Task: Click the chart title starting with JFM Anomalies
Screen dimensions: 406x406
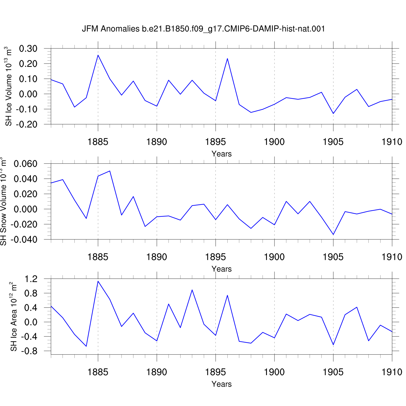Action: coord(203,29)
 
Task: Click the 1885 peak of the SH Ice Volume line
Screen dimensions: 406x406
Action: coord(98,55)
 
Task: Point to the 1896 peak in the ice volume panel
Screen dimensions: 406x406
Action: coord(227,58)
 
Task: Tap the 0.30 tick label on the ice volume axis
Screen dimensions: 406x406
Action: coord(28,49)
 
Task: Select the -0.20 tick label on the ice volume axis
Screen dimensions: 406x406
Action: coord(27,125)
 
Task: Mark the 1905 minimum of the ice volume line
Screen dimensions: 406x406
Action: coord(333,113)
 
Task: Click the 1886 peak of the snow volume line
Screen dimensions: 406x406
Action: coord(110,171)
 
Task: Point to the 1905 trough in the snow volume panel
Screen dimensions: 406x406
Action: coord(333,234)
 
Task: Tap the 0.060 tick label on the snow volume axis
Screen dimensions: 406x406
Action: coord(25,164)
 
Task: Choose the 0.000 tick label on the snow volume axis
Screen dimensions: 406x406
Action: coord(25,209)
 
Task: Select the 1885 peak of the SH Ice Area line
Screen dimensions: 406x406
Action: coord(98,281)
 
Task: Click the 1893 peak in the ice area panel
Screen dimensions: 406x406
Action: coord(192,290)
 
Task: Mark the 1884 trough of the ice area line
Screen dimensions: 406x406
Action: coord(86,346)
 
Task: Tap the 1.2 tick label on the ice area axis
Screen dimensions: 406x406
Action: coord(31,279)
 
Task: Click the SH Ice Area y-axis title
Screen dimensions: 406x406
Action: coord(14,317)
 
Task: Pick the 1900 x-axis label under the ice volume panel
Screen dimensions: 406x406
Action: coord(274,142)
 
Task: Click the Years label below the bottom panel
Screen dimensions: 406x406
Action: coord(222,384)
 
